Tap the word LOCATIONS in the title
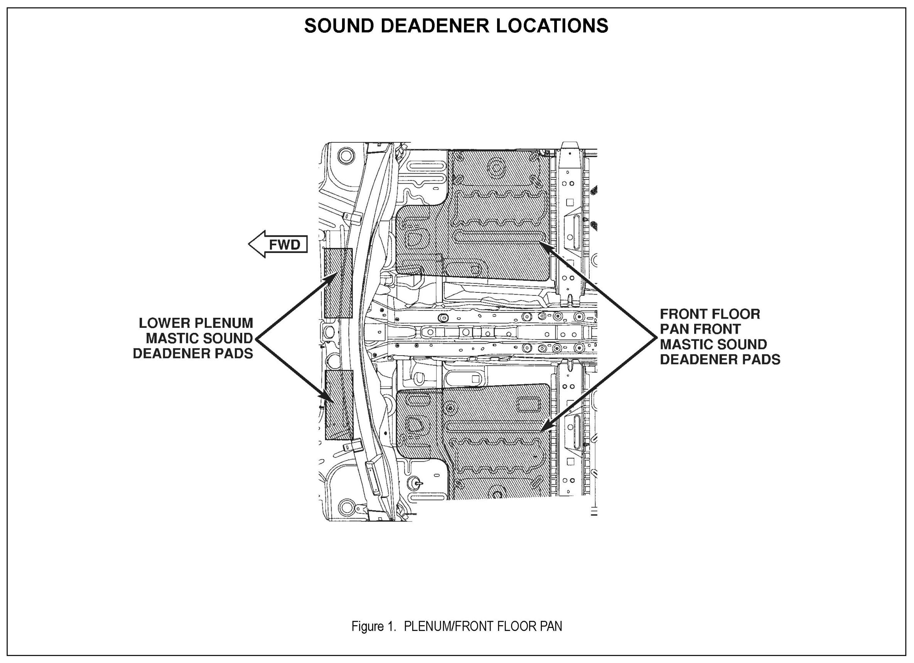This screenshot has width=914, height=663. pos(552,26)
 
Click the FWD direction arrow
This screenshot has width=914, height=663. pos(278,244)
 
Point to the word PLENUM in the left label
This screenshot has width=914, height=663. pos(224,323)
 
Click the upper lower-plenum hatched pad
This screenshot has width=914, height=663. pos(338,283)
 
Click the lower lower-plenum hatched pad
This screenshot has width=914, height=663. pos(339,405)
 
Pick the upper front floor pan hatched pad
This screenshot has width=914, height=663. pos(500,218)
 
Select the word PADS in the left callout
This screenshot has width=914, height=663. pos(235,353)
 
